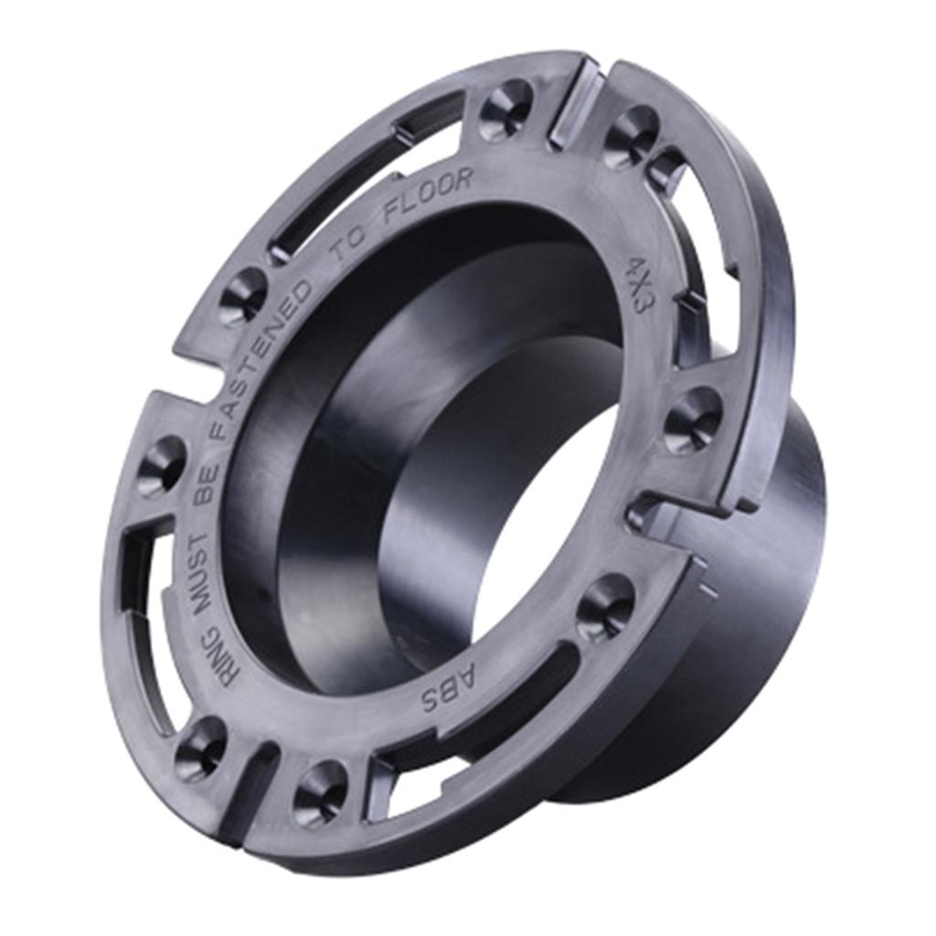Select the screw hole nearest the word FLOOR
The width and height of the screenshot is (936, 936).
(x=505, y=111)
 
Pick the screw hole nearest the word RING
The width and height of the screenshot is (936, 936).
(x=200, y=749)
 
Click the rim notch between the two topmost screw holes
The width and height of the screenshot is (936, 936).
(x=576, y=105)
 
